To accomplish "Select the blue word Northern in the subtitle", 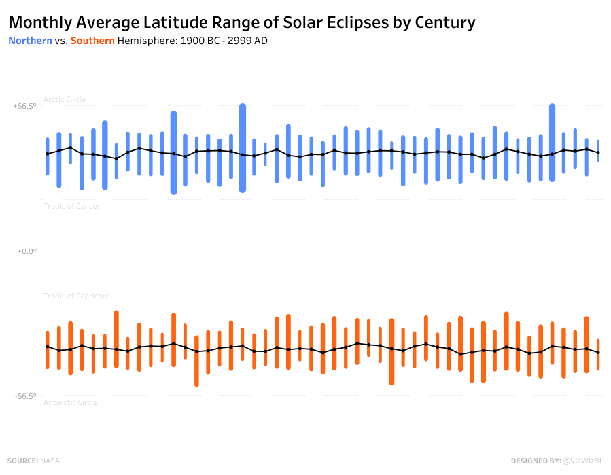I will [x=30, y=41].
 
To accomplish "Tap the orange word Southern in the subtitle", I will [x=92, y=41].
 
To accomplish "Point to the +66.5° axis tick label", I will [x=24, y=106].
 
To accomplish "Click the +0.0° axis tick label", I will [x=26, y=251].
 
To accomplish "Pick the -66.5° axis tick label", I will [x=24, y=396].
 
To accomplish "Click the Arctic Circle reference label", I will [x=65, y=99].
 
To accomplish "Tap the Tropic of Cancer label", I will [x=71, y=206].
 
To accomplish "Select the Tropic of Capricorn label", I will [x=76, y=296].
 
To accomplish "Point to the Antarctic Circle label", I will [x=70, y=402].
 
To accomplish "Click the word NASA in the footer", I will [x=50, y=461].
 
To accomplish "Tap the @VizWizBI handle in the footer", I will [x=582, y=461].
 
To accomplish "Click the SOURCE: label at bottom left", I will [x=22, y=461].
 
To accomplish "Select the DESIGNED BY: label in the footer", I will [x=536, y=461].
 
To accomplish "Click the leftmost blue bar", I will [x=48, y=156].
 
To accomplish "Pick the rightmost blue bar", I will [x=598, y=151].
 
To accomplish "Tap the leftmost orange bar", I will [x=48, y=350].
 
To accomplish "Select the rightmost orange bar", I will [x=598, y=354].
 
